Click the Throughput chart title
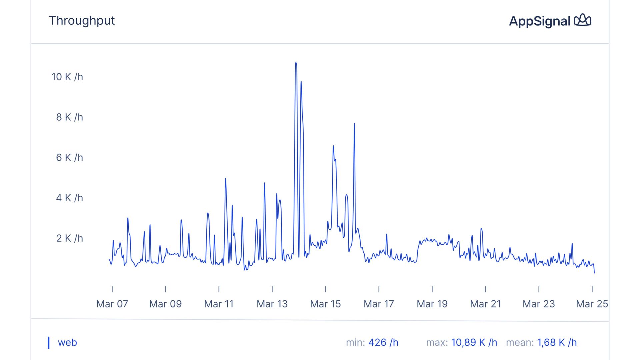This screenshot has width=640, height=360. (x=82, y=21)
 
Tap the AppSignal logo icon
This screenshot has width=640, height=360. (x=582, y=20)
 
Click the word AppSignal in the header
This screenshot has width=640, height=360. (x=539, y=21)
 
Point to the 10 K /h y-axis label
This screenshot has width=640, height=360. (x=67, y=77)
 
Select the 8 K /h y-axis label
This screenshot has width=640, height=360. (x=69, y=117)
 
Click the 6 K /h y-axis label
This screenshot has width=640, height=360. (x=69, y=158)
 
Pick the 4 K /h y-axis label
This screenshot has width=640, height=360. (x=69, y=198)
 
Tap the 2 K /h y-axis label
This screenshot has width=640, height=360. (x=69, y=238)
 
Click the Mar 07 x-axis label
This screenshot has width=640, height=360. (x=112, y=304)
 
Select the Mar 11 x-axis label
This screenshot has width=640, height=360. (x=219, y=304)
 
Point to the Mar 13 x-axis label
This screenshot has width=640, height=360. (x=272, y=304)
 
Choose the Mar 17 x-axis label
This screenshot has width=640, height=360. (x=379, y=304)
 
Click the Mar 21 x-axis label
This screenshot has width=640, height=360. (x=485, y=304)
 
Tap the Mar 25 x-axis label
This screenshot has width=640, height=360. (x=592, y=304)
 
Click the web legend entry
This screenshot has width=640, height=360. (x=67, y=343)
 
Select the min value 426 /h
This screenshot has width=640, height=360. (x=383, y=343)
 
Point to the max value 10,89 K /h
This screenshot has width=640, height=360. (x=474, y=343)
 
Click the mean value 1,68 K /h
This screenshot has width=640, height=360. (x=557, y=343)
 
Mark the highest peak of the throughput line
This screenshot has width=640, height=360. (x=296, y=63)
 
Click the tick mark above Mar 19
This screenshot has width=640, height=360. (x=432, y=289)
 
